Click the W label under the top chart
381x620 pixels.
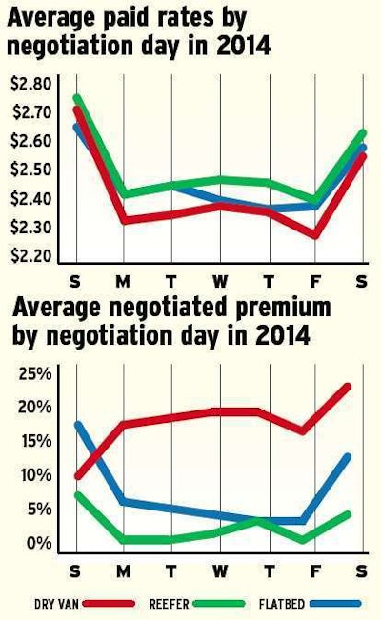pos(220,282)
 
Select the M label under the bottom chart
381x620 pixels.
pos(124,570)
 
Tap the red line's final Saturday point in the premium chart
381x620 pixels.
pos(349,386)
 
